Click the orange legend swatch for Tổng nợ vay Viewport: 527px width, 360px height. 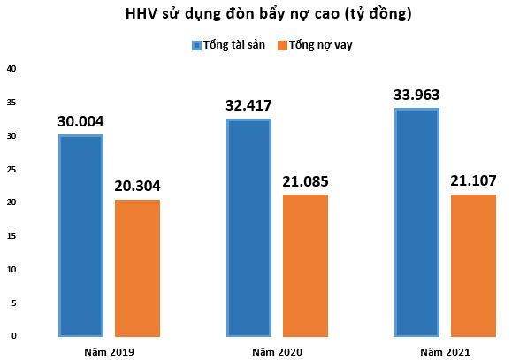[x=282, y=45]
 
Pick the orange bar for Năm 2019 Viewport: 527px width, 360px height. [x=137, y=268]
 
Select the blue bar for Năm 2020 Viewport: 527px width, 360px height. [x=248, y=227]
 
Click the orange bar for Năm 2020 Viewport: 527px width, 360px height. [x=305, y=265]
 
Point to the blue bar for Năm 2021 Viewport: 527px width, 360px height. [x=416, y=222]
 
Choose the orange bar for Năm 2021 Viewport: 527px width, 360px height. [x=473, y=265]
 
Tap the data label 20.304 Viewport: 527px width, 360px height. [x=137, y=187]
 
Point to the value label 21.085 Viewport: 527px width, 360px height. [x=305, y=181]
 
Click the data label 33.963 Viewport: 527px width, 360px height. [x=416, y=96]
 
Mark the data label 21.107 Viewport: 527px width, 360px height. [x=473, y=181]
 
